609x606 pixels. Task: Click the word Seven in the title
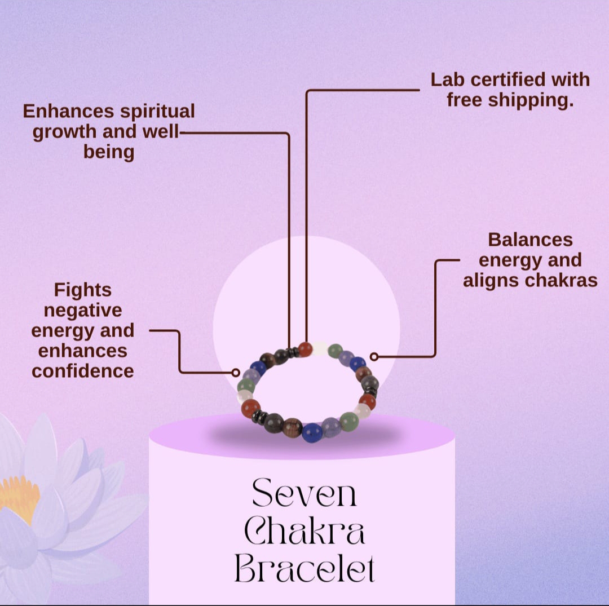304,493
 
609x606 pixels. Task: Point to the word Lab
447,79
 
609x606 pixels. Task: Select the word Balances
530,240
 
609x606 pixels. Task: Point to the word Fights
83,290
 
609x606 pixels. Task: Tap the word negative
83,310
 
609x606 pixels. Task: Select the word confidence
83,371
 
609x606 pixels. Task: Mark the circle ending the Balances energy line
374,356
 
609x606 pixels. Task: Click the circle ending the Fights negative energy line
236,373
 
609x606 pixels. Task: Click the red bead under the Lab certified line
306,350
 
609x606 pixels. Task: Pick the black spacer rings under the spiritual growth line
292,353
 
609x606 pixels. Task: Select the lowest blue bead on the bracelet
311,433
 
